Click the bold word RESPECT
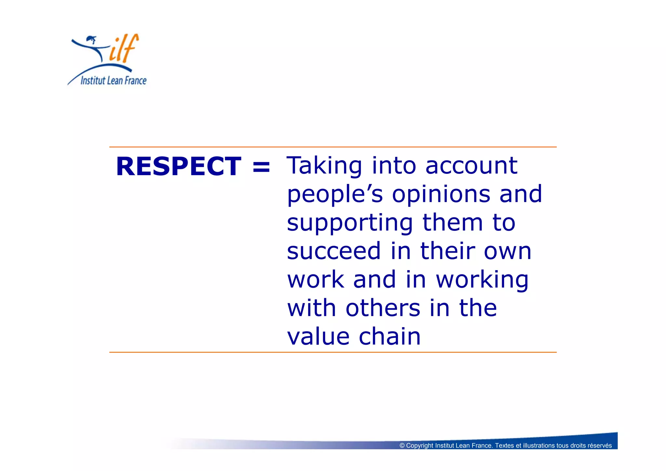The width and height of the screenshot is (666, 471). [179, 166]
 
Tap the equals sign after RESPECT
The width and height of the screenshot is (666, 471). [261, 167]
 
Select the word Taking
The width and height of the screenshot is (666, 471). [324, 166]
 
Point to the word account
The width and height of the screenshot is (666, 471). [471, 166]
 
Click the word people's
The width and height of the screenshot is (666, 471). [335, 195]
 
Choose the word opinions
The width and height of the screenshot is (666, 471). [441, 195]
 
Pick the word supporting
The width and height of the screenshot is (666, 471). [350, 223]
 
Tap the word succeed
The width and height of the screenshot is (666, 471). [334, 251]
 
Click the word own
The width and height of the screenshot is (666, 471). [508, 251]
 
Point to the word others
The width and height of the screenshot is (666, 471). [383, 308]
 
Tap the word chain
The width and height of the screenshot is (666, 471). [390, 337]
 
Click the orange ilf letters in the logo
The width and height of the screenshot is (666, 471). [124, 49]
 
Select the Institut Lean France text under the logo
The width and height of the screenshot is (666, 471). [113, 80]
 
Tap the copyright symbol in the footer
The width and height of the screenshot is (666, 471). [402, 446]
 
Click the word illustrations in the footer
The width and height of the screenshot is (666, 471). [539, 446]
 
